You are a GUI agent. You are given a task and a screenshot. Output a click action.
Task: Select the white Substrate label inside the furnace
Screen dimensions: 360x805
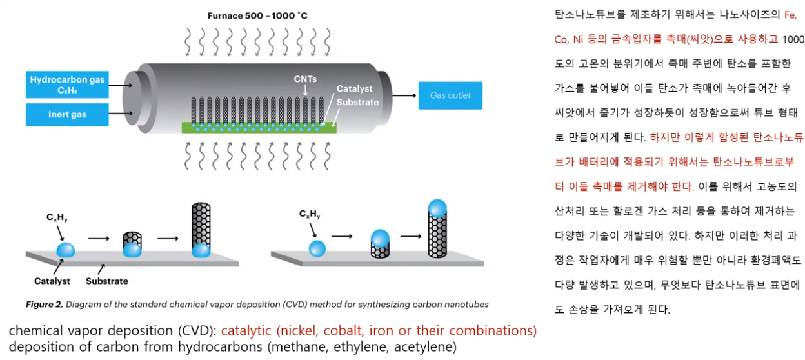(357, 102)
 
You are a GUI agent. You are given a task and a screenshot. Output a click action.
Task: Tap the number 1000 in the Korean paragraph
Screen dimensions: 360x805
(793, 39)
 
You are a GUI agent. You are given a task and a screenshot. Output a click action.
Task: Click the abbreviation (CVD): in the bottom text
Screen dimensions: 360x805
(197, 331)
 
